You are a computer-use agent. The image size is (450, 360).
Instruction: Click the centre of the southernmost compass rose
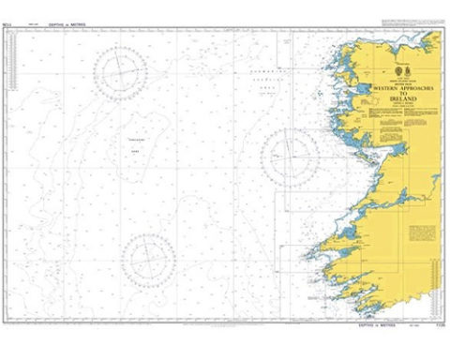pos(147,258)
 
